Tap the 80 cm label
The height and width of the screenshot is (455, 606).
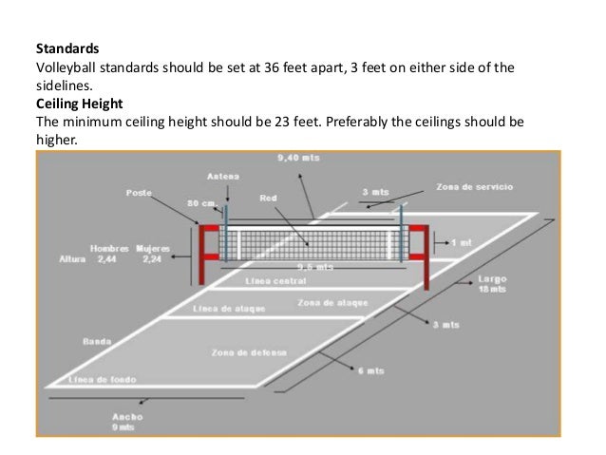[x=200, y=202]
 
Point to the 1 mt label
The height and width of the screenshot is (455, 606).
[x=464, y=243]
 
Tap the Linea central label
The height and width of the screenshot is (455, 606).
[x=275, y=281]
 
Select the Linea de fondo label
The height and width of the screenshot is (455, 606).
[x=103, y=379]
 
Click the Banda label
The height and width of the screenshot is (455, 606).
[x=93, y=339]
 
